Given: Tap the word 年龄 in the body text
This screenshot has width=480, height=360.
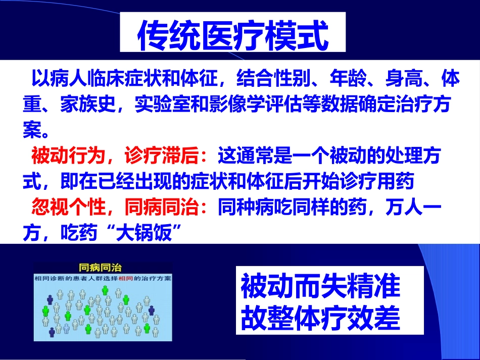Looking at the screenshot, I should click(x=346, y=79).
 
